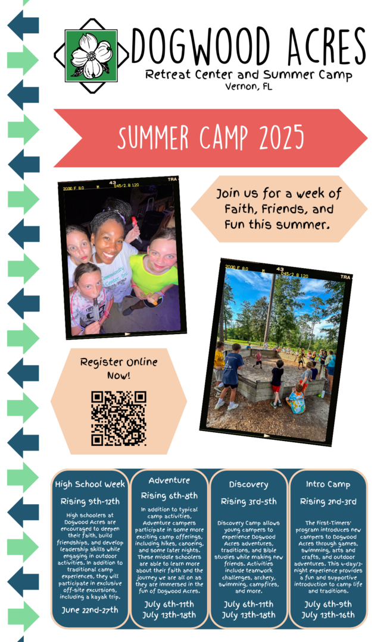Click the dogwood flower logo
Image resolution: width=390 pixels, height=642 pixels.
click(92, 55)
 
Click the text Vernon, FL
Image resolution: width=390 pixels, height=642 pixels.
click(248, 87)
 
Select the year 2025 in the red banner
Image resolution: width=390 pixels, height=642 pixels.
click(281, 137)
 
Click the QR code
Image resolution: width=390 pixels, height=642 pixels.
click(118, 418)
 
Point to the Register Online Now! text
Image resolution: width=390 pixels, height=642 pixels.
click(118, 369)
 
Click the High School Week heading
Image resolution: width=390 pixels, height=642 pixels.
click(91, 484)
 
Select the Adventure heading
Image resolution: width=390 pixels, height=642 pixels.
click(169, 480)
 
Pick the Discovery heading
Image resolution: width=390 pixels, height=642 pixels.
click(248, 485)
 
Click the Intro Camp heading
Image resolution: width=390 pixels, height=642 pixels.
click(328, 484)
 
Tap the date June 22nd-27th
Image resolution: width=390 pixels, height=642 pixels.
click(90, 610)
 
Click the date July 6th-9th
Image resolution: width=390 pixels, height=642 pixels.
click(328, 605)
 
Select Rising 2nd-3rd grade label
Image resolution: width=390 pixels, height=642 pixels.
click(328, 502)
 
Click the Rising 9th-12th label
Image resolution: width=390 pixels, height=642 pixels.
click(91, 502)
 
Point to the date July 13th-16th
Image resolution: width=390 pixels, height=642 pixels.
click(328, 615)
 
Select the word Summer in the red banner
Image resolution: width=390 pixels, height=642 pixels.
click(153, 137)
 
